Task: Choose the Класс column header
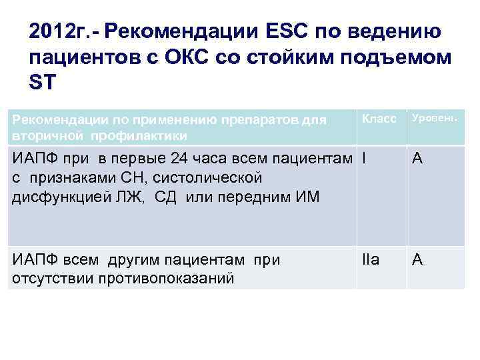pyautogui.click(x=379, y=118)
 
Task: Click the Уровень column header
pyautogui.click(x=434, y=118)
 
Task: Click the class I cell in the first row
pyautogui.click(x=364, y=159)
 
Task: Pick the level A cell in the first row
pyautogui.click(x=417, y=159)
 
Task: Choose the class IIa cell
pyautogui.click(x=371, y=260)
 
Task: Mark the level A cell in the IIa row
pyautogui.click(x=417, y=260)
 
